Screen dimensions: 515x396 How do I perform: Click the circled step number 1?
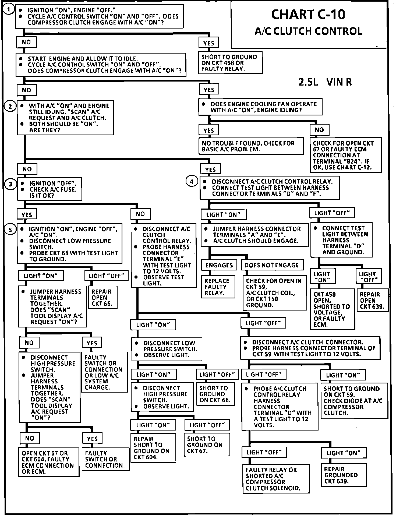tap(9, 10)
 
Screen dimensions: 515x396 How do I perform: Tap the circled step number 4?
tap(192, 182)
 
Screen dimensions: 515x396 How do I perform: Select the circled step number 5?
tap(10, 230)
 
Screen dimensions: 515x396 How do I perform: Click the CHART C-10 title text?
tap(308, 15)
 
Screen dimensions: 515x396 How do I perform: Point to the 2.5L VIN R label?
tap(325, 82)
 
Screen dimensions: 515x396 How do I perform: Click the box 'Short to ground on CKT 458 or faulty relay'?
tap(230, 63)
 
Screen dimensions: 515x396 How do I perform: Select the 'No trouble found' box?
tap(251, 146)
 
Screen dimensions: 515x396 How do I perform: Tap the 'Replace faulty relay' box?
tap(218, 287)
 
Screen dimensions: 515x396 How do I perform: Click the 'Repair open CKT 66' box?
tap(102, 298)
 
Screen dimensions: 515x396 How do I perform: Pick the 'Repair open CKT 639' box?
tap(372, 300)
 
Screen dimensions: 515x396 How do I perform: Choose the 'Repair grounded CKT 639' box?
tap(343, 475)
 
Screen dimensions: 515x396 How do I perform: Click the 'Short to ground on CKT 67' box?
tap(207, 445)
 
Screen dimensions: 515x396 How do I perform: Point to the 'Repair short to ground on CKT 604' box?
tap(153, 448)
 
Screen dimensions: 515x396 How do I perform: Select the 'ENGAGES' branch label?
tap(219, 265)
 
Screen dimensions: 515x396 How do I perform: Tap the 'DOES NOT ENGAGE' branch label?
tap(272, 265)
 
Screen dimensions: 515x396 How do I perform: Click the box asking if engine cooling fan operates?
tap(260, 107)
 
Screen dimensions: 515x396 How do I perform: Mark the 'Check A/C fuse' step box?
tap(49, 189)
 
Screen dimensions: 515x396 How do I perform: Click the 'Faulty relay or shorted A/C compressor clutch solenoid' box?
tap(276, 479)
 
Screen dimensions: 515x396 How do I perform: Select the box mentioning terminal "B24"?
tap(345, 155)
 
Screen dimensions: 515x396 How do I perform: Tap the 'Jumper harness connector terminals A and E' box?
tap(254, 235)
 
